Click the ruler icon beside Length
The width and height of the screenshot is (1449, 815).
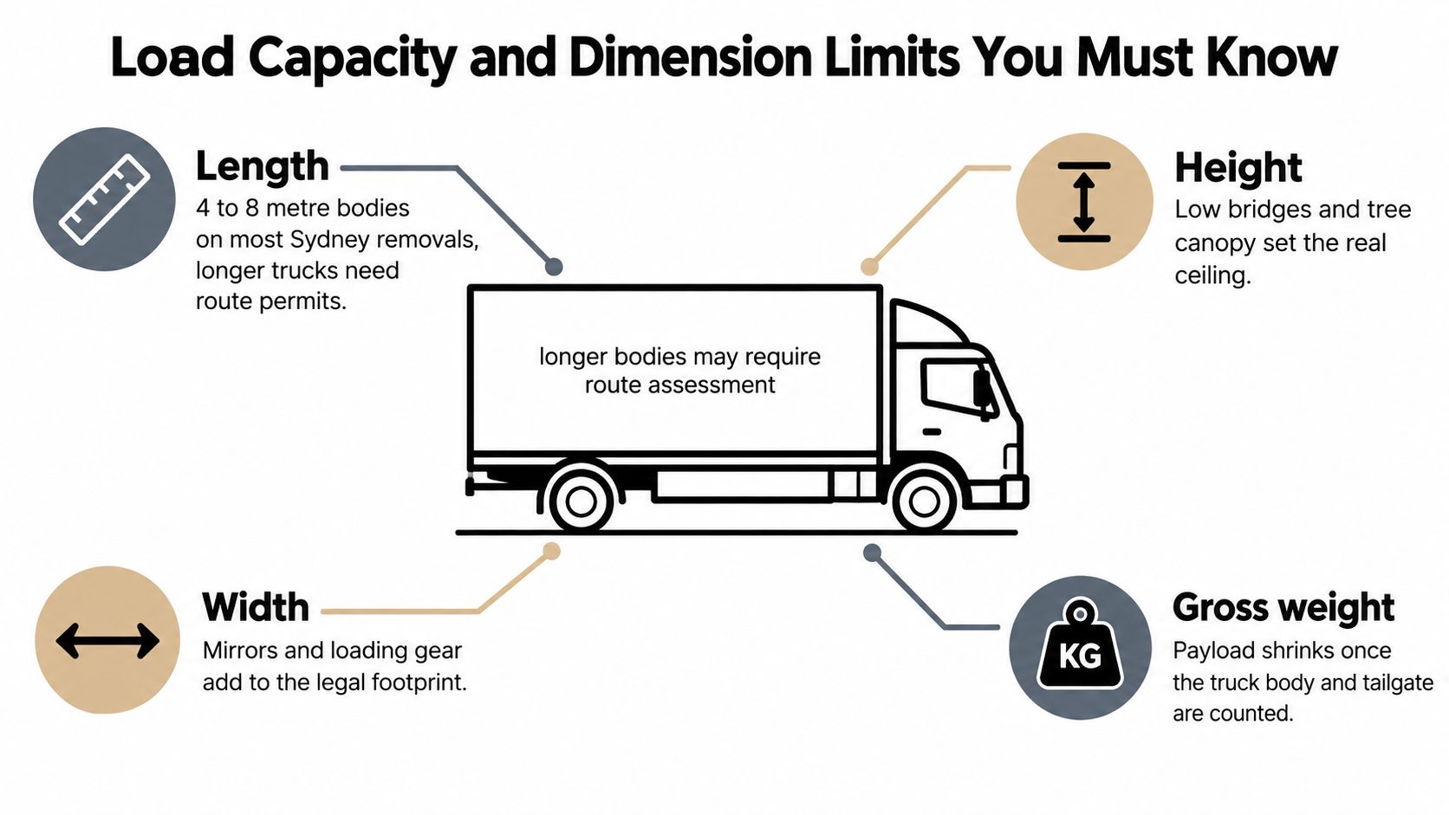(x=104, y=199)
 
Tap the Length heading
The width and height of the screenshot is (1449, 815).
(x=262, y=167)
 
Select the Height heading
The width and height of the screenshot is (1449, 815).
(x=1238, y=168)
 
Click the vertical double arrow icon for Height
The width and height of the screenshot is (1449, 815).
(x=1084, y=202)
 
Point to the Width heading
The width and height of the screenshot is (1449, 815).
(x=256, y=607)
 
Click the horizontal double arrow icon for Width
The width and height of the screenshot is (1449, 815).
(x=107, y=641)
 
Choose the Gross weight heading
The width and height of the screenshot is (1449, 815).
(x=1283, y=608)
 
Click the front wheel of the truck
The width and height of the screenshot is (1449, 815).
(x=925, y=501)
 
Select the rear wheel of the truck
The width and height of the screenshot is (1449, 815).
(x=581, y=501)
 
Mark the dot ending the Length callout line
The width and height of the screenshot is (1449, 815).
(x=554, y=266)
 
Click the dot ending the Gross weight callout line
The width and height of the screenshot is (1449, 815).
(x=872, y=553)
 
